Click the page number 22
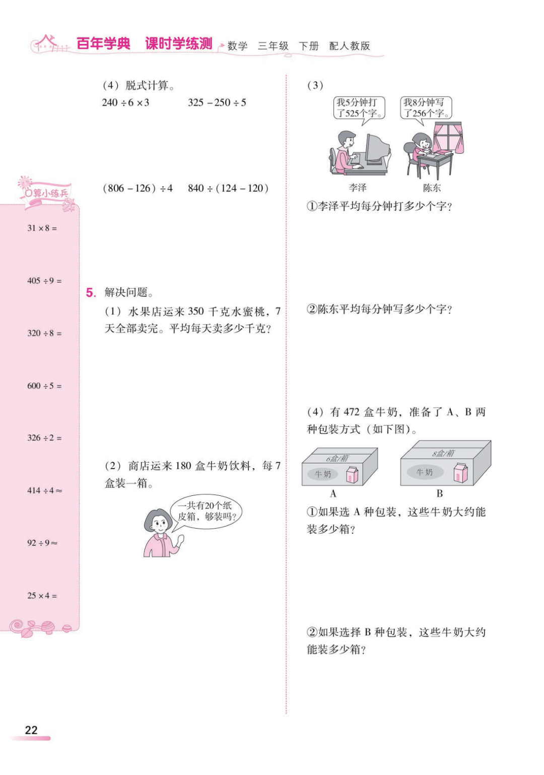pyautogui.click(x=31, y=730)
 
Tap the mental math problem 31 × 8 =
pyautogui.click(x=42, y=228)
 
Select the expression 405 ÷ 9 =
pyautogui.click(x=44, y=281)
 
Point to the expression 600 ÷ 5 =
pyautogui.click(x=44, y=386)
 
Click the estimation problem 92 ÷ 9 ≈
pyautogui.click(x=42, y=543)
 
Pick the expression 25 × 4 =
pyautogui.click(x=42, y=596)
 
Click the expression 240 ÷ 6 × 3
pyautogui.click(x=125, y=103)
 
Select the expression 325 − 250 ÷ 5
pyautogui.click(x=217, y=103)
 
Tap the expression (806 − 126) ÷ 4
pyautogui.click(x=138, y=188)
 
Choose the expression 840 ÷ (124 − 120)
pyautogui.click(x=228, y=188)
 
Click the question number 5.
pyautogui.click(x=91, y=293)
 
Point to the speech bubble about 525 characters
pyautogui.click(x=359, y=108)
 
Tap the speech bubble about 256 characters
pyautogui.click(x=426, y=108)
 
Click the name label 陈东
pyautogui.click(x=432, y=188)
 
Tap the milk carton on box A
pyautogui.click(x=352, y=475)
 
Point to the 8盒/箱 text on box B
pyautogui.click(x=443, y=453)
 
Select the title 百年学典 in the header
pyautogui.click(x=103, y=44)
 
